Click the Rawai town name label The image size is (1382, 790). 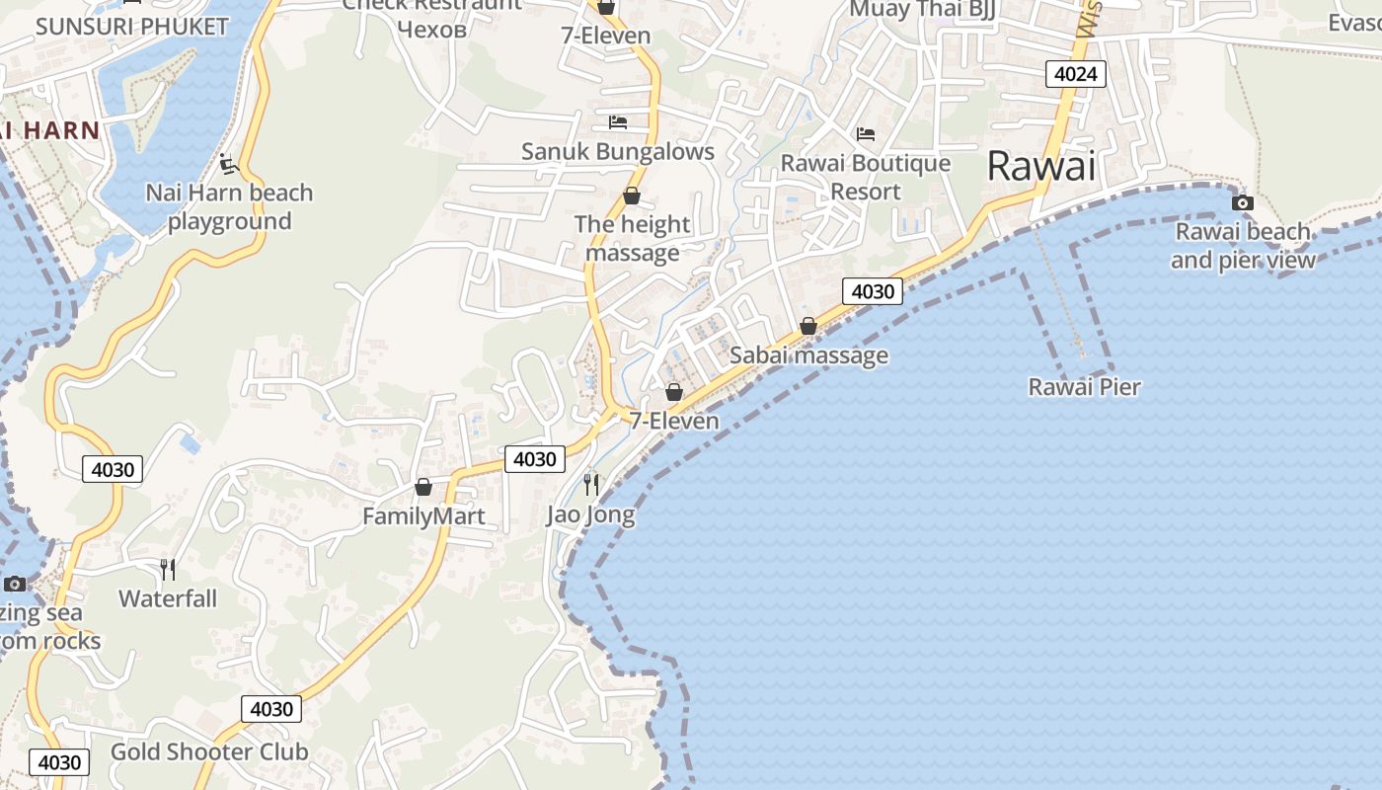[1041, 166]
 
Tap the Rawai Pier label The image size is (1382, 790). [1084, 387]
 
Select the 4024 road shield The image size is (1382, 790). [1076, 74]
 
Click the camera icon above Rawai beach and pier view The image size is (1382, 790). [1242, 203]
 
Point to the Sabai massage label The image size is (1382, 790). [808, 355]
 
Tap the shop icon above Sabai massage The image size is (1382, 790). [808, 326]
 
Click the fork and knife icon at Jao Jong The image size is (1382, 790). [590, 484]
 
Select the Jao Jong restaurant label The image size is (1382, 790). [590, 514]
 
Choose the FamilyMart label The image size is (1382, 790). [423, 516]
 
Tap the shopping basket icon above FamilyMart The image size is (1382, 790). [423, 487]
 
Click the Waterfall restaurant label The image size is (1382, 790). [168, 598]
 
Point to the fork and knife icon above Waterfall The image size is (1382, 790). [168, 569]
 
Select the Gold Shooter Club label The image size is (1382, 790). [209, 751]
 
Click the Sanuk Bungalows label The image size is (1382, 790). [618, 151]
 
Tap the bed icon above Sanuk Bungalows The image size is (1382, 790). [618, 122]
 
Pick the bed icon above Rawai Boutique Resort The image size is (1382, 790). [866, 134]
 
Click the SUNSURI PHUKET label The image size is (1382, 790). [131, 27]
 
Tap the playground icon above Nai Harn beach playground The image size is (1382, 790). [229, 164]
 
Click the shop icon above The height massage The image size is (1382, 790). [632, 197]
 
